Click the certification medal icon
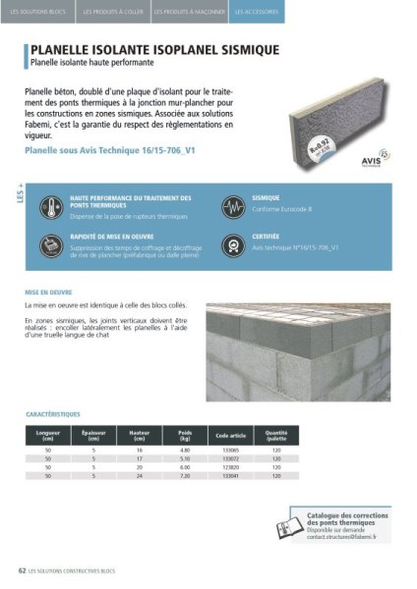pos(232,243)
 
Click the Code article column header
pos(231,435)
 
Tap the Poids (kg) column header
pos(185,435)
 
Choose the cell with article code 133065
pos(231,449)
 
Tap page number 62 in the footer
pos(22,569)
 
